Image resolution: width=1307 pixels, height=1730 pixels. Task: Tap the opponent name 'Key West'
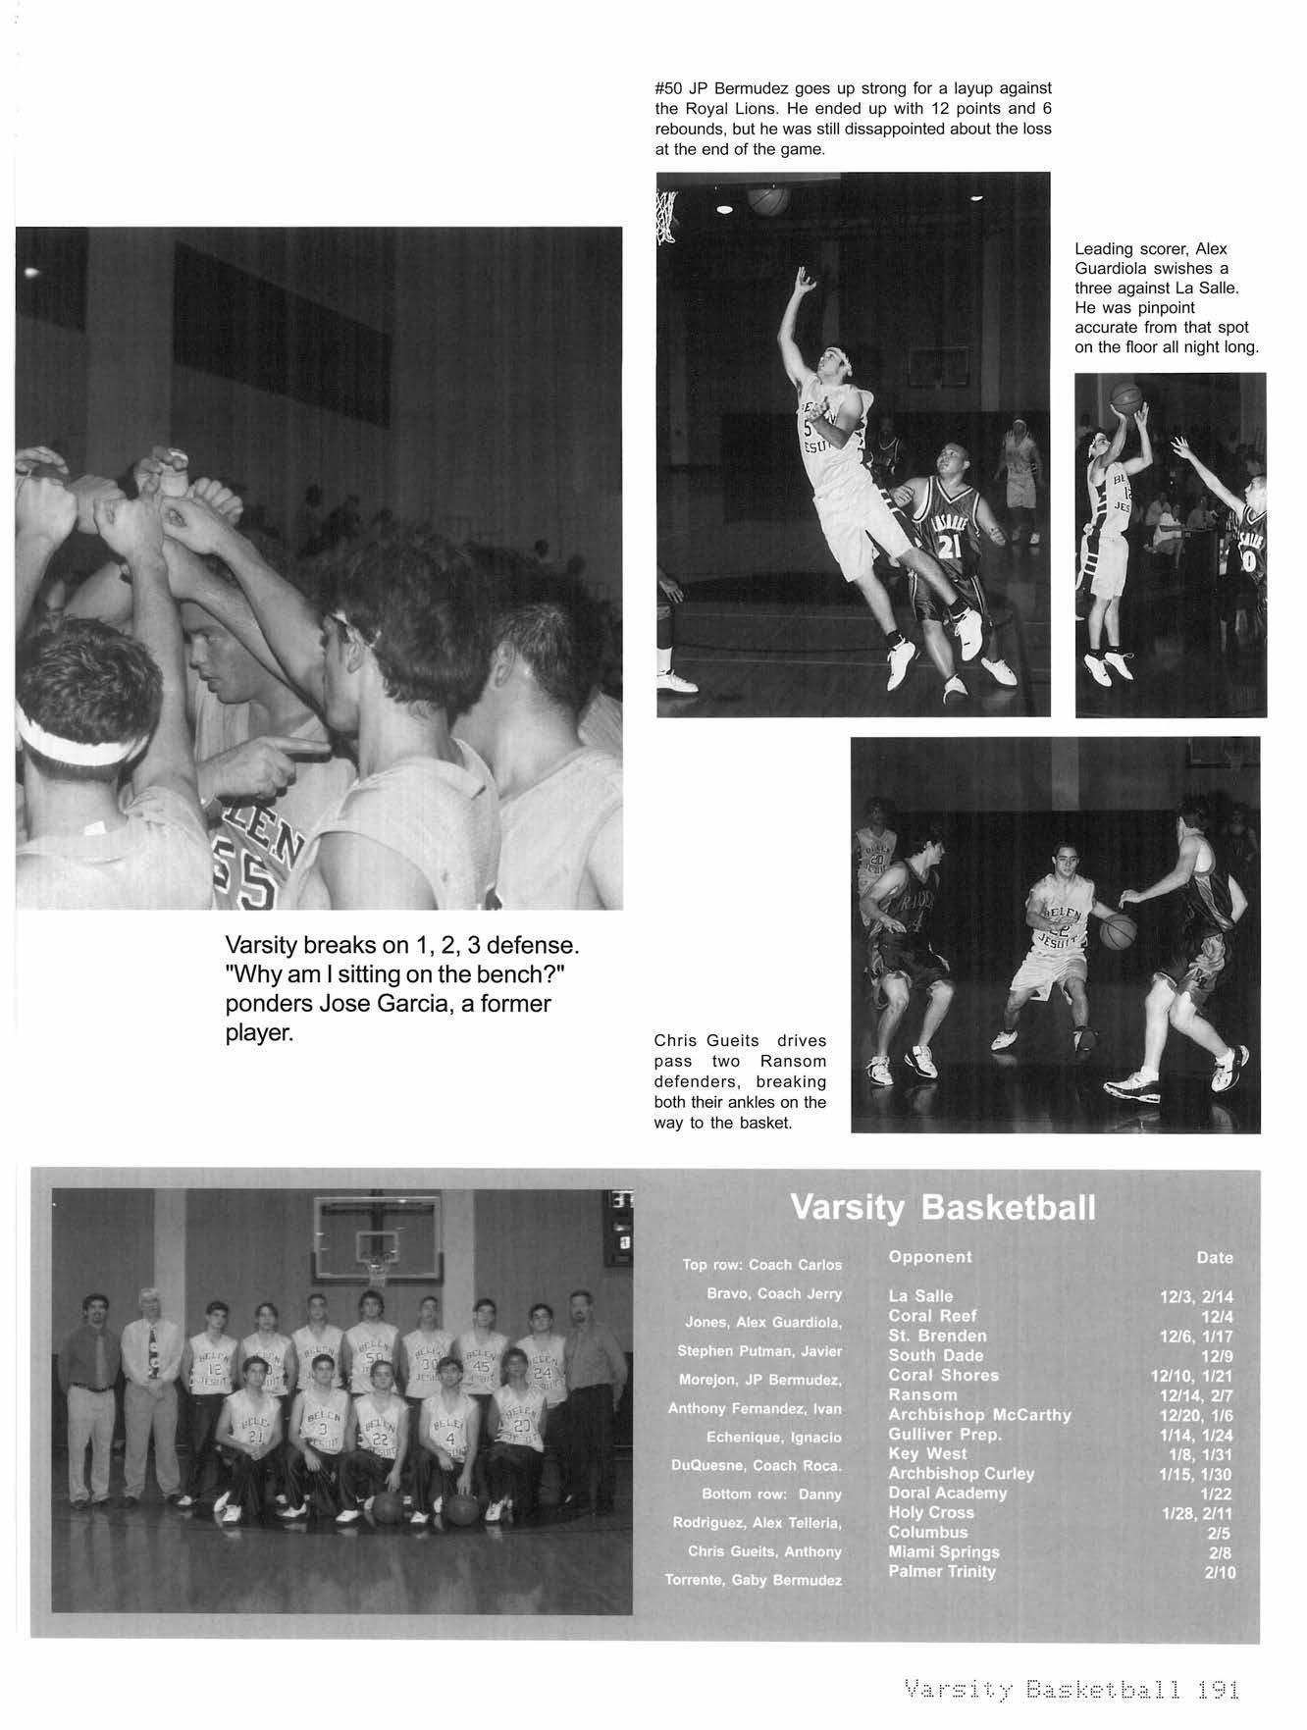click(927, 1453)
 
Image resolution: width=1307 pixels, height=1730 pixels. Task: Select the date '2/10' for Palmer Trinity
click(1220, 1572)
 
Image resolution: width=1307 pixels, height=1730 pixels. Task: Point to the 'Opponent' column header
click(930, 1256)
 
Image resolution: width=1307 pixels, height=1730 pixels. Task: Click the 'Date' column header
click(1215, 1257)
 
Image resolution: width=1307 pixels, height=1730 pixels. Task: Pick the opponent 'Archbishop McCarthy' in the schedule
click(979, 1414)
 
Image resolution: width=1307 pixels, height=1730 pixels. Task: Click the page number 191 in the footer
click(1218, 1690)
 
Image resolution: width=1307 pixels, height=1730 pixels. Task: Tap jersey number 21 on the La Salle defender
click(949, 548)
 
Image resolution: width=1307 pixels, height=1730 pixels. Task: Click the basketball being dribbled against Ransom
click(1118, 931)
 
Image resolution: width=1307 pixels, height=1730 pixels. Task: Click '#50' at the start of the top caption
click(668, 88)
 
